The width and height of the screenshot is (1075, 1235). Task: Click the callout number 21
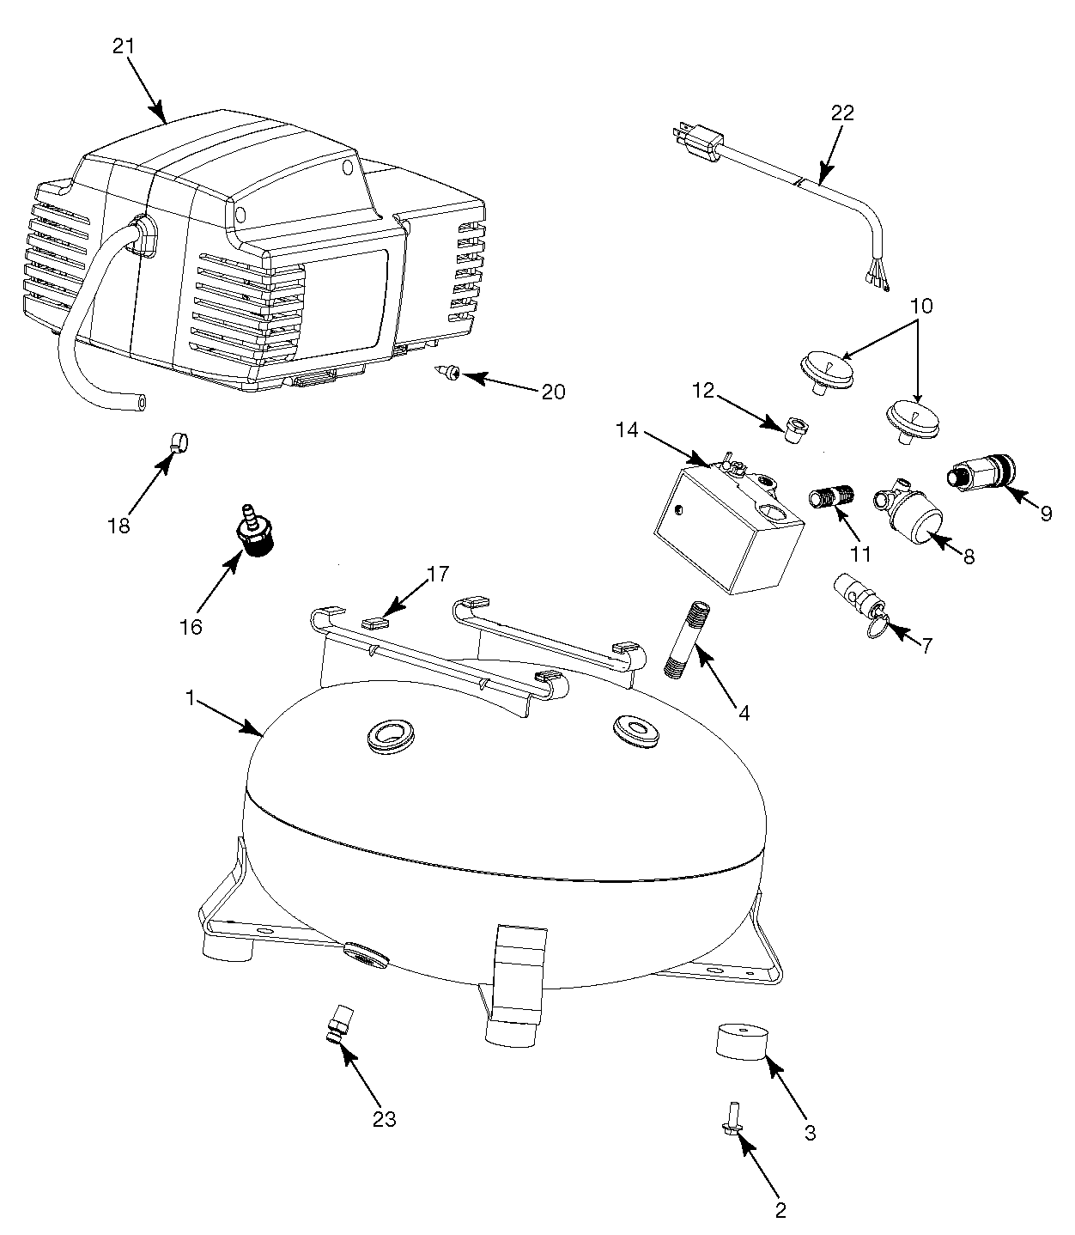coord(125,46)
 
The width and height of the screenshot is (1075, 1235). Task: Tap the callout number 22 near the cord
coord(842,113)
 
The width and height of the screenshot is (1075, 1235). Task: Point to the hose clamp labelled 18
coord(179,442)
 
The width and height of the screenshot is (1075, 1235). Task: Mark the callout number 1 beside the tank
coord(190,698)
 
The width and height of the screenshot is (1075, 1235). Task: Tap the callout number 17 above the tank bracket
coord(438,574)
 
